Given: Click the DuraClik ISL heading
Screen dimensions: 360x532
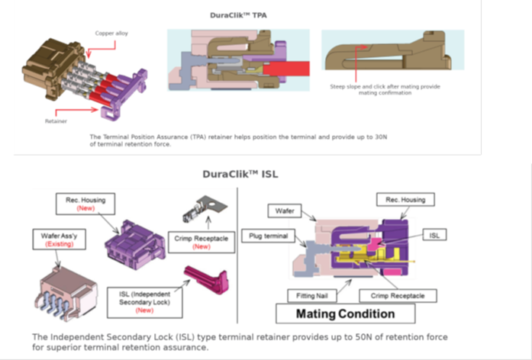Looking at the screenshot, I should click(240, 174).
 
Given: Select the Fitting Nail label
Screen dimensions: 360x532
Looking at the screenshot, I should click(308, 294).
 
